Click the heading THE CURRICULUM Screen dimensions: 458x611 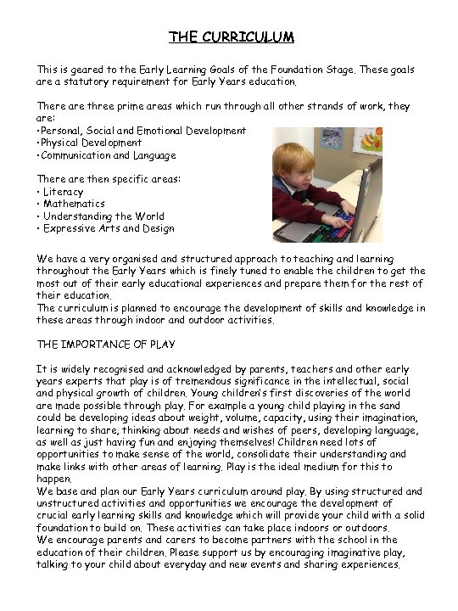[231, 37]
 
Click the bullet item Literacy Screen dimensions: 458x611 [64, 192]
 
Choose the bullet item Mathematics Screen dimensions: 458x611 [74, 204]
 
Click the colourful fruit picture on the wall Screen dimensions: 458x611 [367, 140]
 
